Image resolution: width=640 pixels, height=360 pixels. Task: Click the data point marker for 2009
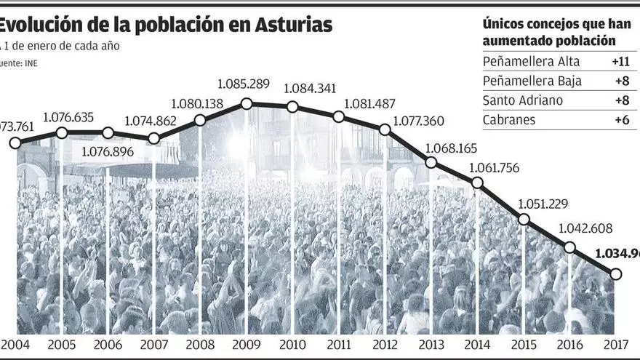(247, 104)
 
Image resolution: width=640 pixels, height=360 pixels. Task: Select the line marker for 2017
(616, 274)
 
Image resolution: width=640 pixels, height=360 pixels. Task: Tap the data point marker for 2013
(431, 163)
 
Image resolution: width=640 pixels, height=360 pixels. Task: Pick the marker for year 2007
(153, 138)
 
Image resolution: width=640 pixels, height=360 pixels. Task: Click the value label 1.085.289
(246, 84)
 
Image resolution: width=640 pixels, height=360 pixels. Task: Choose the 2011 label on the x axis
(339, 345)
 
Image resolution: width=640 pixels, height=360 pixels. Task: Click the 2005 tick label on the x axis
(62, 345)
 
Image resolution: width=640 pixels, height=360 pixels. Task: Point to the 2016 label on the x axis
(569, 345)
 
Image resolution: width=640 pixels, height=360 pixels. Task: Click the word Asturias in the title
(295, 24)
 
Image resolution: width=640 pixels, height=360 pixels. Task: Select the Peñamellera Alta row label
(521, 61)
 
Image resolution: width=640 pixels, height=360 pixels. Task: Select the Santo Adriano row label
(522, 100)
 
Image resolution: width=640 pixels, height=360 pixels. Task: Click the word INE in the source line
(31, 63)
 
